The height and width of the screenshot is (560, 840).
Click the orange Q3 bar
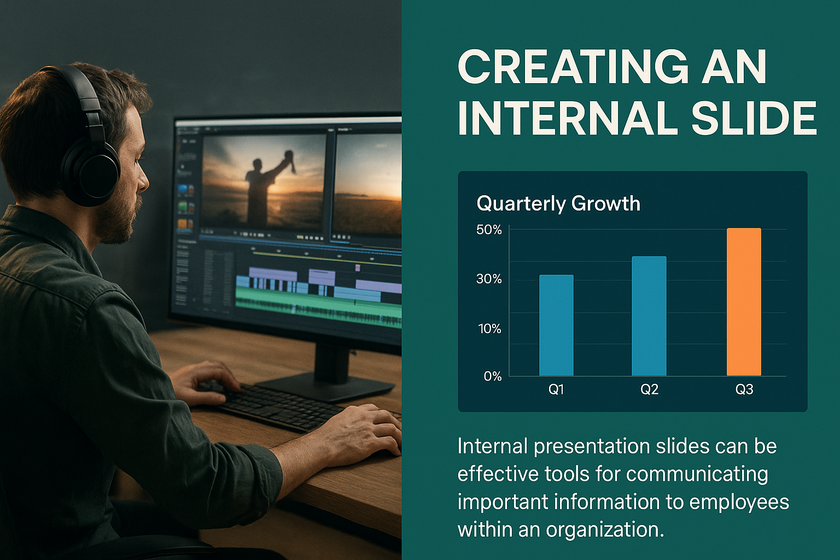coord(744,302)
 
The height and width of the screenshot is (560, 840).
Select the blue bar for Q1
coord(557,325)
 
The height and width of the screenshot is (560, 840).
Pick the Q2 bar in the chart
coord(649,316)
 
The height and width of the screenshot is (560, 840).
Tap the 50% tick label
coord(489,230)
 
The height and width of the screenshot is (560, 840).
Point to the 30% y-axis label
coord(489,279)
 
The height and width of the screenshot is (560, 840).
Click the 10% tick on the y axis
coord(490,329)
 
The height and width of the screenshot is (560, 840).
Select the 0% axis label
coord(493,376)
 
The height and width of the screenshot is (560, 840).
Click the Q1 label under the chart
coord(556,390)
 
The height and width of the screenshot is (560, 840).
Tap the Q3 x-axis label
coord(744,390)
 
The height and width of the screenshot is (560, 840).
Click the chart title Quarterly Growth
coord(558,203)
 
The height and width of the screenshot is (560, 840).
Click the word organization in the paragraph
coord(603,529)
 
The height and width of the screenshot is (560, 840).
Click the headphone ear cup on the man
coord(92,172)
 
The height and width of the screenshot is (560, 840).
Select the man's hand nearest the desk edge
coord(360,431)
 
